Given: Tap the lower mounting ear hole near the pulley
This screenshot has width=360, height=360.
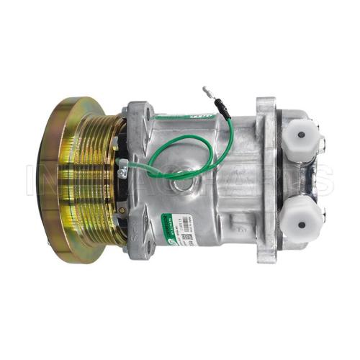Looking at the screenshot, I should point(137,248).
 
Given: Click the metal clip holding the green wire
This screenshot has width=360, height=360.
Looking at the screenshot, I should point(125,171).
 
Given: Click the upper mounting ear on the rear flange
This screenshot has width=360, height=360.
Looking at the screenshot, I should point(266,107).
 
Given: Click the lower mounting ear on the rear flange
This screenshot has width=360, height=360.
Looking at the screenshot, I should point(268,248).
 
